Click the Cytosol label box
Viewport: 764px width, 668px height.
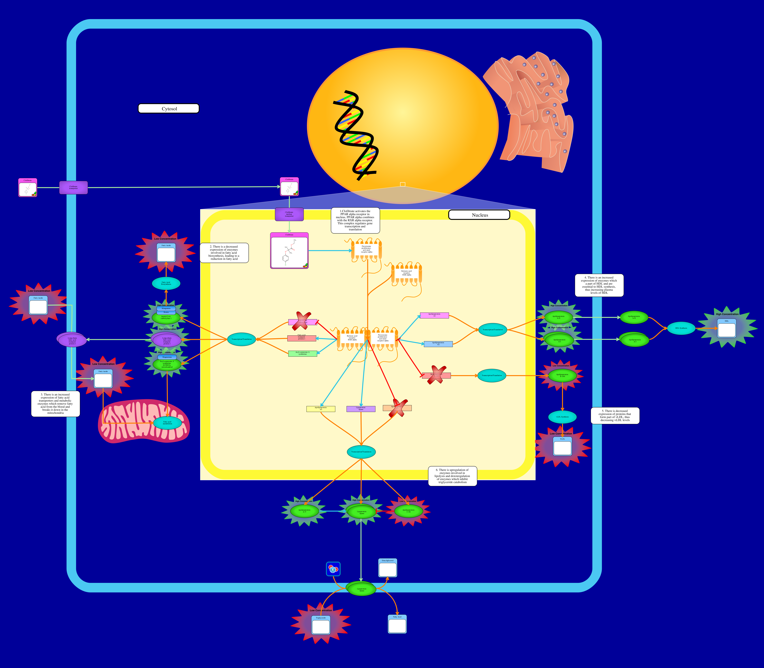pyautogui.click(x=169, y=109)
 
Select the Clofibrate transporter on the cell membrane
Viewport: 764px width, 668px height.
pyautogui.click(x=74, y=188)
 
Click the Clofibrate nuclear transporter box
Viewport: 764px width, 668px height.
pyautogui.click(x=289, y=214)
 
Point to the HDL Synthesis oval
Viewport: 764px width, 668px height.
pyautogui.click(x=681, y=328)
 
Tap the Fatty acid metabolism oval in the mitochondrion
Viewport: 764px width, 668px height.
pyautogui.click(x=168, y=423)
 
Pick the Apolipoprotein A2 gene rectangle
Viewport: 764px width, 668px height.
pyautogui.click(x=438, y=344)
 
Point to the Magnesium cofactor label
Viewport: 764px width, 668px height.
pyautogui.click(x=167, y=357)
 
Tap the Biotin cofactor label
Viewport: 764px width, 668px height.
pyautogui.click(x=166, y=312)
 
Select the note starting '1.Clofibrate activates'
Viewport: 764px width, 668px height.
pyautogui.click(x=355, y=220)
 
